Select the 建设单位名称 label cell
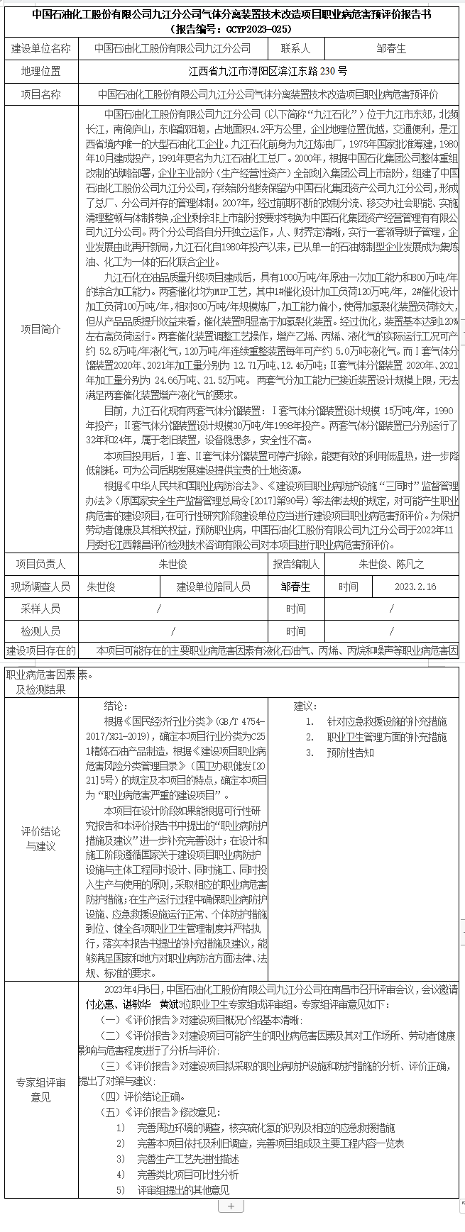click(41, 49)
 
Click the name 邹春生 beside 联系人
click(391, 49)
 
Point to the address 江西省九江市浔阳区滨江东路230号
click(268, 72)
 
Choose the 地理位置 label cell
click(41, 72)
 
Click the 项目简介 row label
click(41, 329)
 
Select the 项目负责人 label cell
click(41, 564)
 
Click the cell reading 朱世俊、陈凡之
click(391, 564)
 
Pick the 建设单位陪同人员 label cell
click(214, 587)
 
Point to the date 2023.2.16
click(415, 587)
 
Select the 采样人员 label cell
click(41, 609)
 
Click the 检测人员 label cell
click(41, 631)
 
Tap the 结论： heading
click(116, 706)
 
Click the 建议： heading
click(305, 706)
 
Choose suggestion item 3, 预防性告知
click(350, 753)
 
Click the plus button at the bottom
click(231, 1206)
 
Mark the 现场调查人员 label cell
click(41, 587)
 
